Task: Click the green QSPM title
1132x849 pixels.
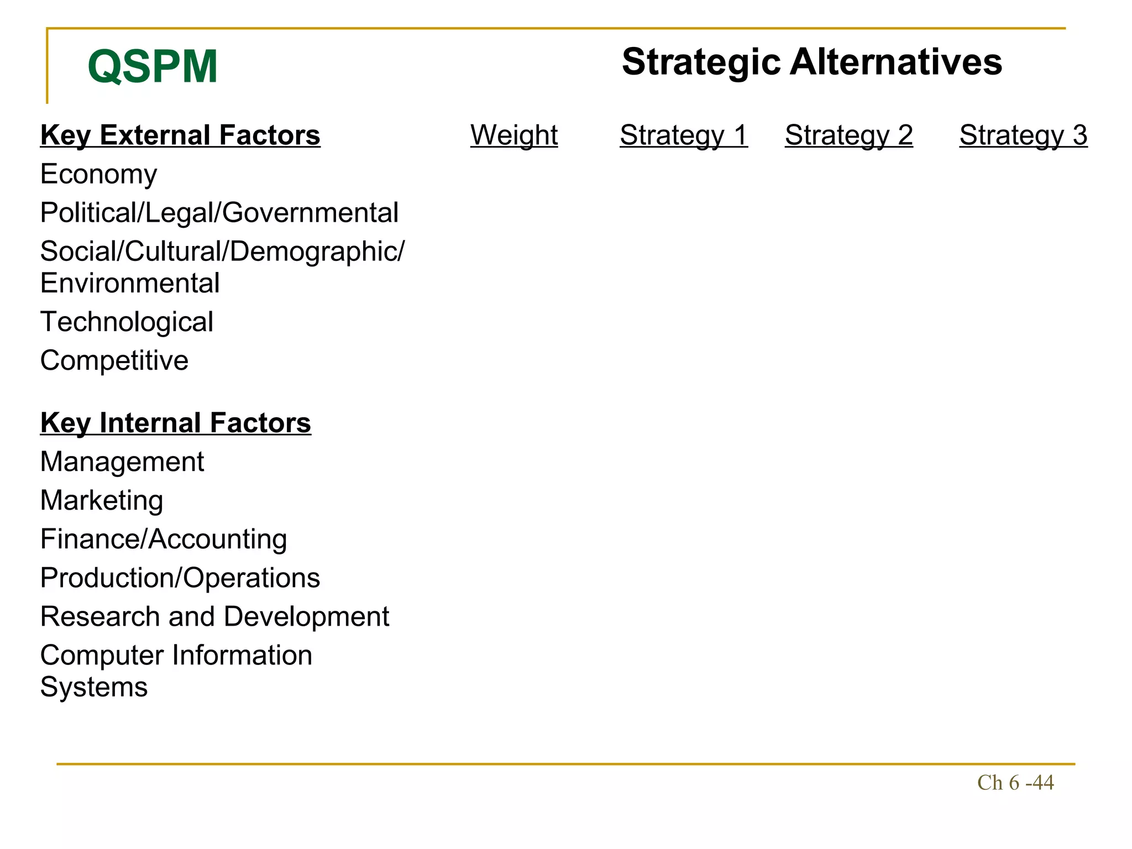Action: [x=153, y=66]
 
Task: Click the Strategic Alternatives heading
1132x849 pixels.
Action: [x=811, y=61]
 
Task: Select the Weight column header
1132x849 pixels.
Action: [x=514, y=135]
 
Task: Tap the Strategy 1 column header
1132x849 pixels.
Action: [x=684, y=135]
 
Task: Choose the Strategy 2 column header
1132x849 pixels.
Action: [x=848, y=135]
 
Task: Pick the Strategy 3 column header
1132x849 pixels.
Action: [x=1023, y=135]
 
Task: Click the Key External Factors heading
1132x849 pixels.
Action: [x=180, y=135]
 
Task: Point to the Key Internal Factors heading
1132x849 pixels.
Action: [x=175, y=423]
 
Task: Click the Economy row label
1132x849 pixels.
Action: [x=98, y=174]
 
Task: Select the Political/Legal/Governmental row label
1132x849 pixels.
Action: [x=219, y=213]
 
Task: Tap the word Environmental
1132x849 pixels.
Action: [x=130, y=283]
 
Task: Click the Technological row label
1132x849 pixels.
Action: [x=127, y=322]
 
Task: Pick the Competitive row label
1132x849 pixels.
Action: [x=114, y=360]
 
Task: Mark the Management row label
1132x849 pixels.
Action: [x=122, y=462]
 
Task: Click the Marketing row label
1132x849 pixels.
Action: [x=102, y=500]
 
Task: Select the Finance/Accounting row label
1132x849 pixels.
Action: [x=164, y=539]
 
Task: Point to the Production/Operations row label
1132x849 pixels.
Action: [x=180, y=578]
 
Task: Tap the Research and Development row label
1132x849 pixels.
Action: [x=214, y=616]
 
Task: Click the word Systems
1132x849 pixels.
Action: [x=94, y=687]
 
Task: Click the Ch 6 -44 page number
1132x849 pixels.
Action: [x=1015, y=783]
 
